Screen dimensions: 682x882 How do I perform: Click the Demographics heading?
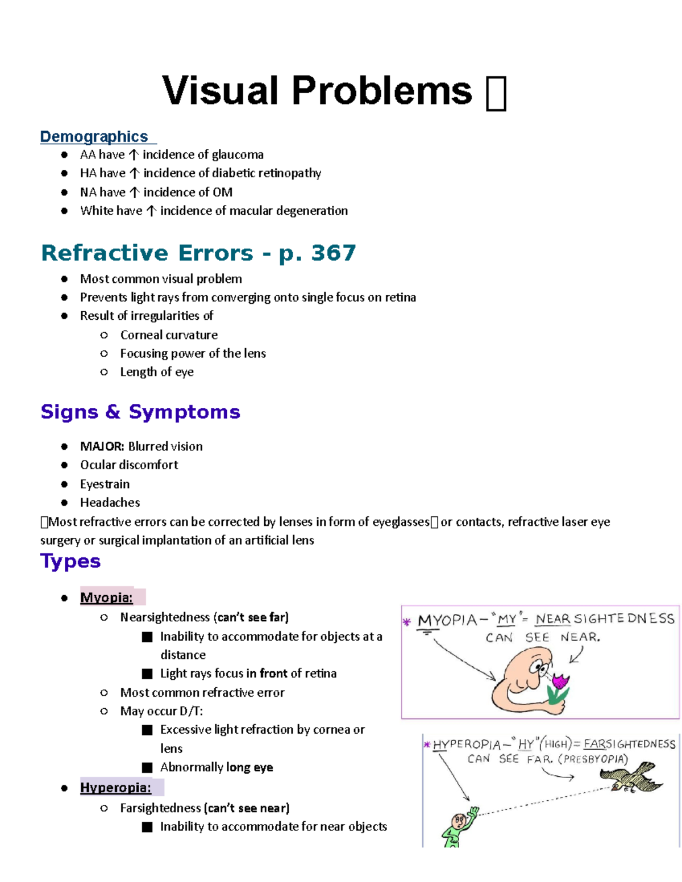pos(94,137)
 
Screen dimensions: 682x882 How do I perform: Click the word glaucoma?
pos(235,154)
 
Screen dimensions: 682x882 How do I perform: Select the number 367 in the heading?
pos(333,253)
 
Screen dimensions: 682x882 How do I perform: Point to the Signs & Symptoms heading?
pos(140,412)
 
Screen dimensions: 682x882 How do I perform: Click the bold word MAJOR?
pos(102,446)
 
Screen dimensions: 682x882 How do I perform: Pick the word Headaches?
pos(110,503)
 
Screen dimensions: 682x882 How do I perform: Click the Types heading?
pos(70,561)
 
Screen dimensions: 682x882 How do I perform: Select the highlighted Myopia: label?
pos(107,597)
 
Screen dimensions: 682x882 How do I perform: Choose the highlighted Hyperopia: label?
pos(116,788)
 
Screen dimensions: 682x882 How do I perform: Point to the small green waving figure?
pos(458,826)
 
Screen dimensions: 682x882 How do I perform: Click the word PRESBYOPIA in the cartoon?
pos(593,759)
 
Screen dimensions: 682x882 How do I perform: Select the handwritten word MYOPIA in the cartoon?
pos(447,620)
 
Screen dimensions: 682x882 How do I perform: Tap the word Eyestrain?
pos(105,484)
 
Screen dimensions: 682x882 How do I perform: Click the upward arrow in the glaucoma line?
pos(134,155)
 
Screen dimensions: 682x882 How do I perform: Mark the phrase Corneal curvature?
pos(169,335)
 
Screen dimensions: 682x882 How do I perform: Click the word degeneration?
pos(311,211)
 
